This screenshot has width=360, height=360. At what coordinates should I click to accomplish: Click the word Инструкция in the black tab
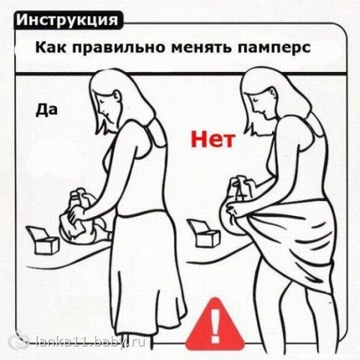pos(67,20)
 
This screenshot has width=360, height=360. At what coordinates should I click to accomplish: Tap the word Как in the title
pos(51,47)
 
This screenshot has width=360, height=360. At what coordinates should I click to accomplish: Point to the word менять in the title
pos(202,48)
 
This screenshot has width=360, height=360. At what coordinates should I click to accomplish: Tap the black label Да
pos(46,110)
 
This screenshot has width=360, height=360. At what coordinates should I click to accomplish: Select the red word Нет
pos(213,139)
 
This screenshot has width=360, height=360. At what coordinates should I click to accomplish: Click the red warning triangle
pos(214,325)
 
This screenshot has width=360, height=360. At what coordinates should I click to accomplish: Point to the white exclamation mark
pos(214,325)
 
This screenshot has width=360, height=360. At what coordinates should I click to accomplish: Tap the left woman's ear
pos(117,97)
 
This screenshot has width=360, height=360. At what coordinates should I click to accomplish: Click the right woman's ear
pos(273,94)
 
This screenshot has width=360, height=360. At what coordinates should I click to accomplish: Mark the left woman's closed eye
pos(101,100)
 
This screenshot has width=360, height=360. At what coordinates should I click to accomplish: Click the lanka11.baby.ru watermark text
pos(90,341)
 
